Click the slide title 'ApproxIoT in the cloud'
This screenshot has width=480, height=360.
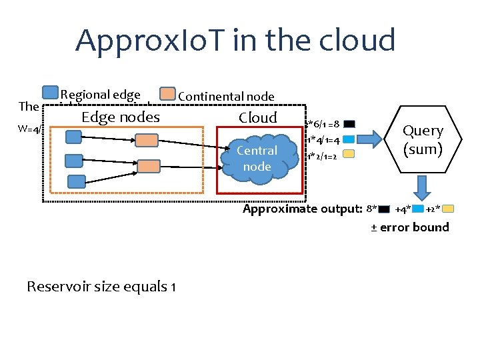tap(235, 40)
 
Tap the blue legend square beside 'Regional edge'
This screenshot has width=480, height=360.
tap(50, 93)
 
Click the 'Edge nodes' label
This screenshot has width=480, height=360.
tap(120, 117)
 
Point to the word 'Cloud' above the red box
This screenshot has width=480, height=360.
tap(257, 118)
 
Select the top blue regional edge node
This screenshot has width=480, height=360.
tap(73, 137)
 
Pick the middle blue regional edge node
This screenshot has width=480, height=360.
tap(74, 161)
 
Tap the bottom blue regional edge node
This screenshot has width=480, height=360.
tap(77, 181)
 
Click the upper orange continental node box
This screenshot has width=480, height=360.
tap(148, 140)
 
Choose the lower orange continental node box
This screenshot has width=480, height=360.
tap(148, 165)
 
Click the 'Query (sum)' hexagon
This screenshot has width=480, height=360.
tap(423, 140)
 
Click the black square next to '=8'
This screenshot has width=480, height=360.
tap(349, 124)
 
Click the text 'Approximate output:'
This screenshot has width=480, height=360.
tap(302, 209)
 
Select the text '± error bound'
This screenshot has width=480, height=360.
tap(409, 227)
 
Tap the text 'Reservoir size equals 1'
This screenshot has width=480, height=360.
tap(101, 287)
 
